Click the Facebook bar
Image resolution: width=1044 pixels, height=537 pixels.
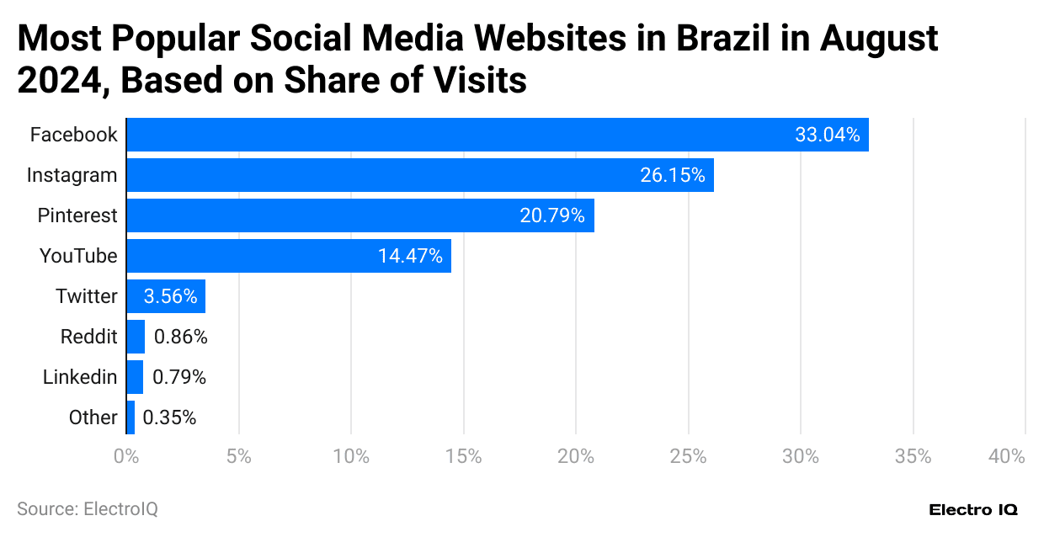[497, 135]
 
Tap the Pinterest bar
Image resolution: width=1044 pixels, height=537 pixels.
[360, 215]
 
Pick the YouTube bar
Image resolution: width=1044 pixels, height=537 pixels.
[288, 256]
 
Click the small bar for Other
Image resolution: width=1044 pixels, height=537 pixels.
[130, 417]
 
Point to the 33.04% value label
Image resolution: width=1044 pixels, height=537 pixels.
[827, 135]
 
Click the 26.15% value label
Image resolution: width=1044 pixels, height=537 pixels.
[672, 175]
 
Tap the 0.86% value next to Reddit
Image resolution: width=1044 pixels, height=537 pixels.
[180, 337]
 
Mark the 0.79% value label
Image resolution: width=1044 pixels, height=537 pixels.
[178, 377]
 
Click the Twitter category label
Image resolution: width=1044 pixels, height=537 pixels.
[87, 296]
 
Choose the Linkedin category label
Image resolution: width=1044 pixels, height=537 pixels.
[80, 377]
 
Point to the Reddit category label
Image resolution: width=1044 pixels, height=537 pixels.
[88, 337]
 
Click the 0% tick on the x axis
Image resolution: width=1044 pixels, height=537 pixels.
[126, 456]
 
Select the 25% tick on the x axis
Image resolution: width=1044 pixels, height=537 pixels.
[688, 456]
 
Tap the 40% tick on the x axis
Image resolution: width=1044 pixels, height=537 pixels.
[1007, 456]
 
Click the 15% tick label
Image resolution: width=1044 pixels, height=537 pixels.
[463, 456]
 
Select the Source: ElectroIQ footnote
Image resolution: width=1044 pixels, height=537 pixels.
[87, 509]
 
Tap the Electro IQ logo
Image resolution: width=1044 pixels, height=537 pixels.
[973, 510]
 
